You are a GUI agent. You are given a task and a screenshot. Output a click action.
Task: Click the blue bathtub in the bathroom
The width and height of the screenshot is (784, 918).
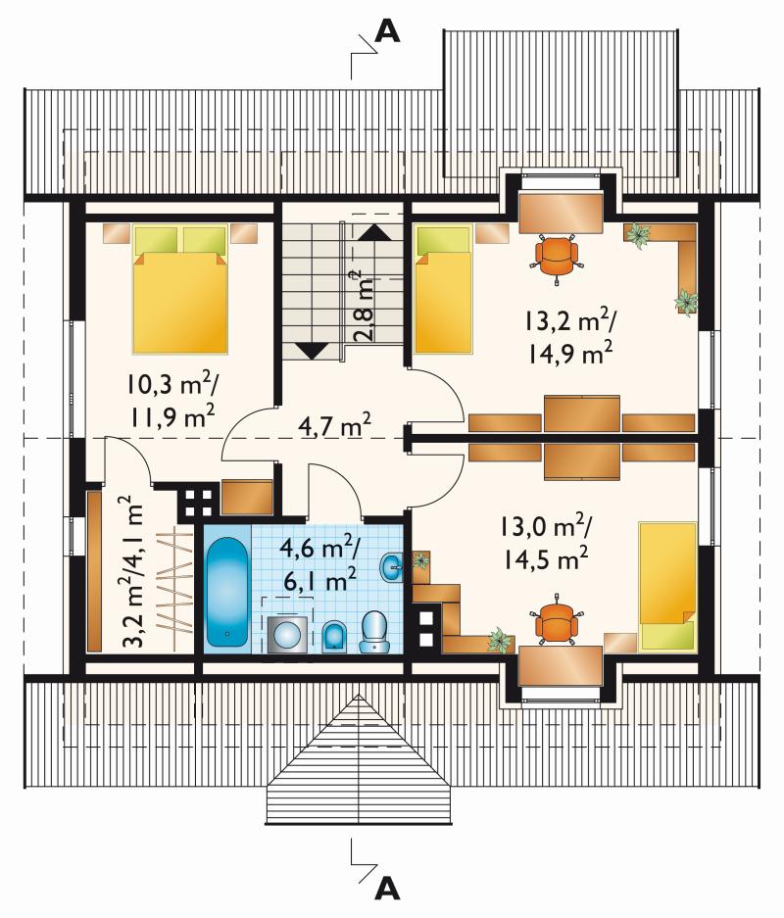click(x=228, y=592)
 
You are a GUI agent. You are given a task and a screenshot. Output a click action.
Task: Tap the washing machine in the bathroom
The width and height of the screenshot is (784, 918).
click(x=287, y=635)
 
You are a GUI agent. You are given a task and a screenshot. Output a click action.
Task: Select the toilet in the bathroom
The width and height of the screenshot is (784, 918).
click(x=373, y=632)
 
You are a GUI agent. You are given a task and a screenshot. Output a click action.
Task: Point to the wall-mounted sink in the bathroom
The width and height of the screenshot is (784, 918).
click(x=392, y=567)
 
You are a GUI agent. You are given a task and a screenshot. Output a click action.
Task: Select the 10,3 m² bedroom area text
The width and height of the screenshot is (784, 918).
click(x=171, y=385)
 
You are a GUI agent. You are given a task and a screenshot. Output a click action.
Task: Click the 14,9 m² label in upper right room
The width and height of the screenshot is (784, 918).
click(x=570, y=354)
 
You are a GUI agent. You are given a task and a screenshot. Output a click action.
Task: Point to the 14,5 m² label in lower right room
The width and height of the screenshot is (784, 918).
click(x=545, y=560)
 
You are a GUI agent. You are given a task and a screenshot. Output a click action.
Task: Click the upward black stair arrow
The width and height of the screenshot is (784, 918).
click(x=373, y=232)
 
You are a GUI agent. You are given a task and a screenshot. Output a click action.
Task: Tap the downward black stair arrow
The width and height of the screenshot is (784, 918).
click(x=311, y=350)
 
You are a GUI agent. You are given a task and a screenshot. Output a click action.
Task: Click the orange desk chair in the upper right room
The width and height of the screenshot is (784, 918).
click(x=557, y=257)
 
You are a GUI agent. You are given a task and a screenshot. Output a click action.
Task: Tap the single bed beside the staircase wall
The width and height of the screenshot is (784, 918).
click(x=443, y=290)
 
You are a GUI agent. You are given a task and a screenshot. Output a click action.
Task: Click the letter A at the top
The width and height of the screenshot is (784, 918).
click(x=387, y=31)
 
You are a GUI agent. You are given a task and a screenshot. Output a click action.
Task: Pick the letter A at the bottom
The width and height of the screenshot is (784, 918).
click(x=387, y=889)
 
